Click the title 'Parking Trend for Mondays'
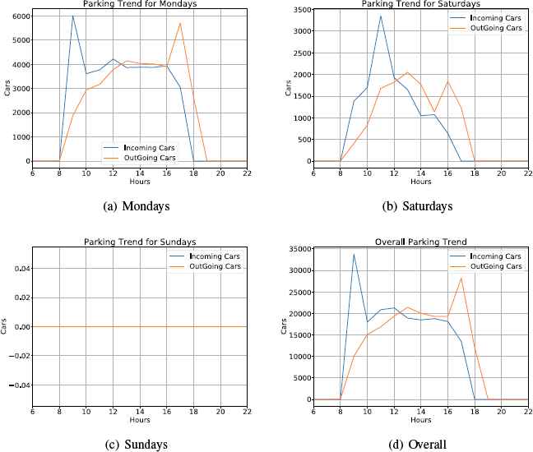pyautogui.click(x=140, y=4)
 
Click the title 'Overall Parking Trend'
pyautogui.click(x=420, y=242)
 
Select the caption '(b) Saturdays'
pyautogui.click(x=420, y=206)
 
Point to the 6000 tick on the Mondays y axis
pyautogui.click(x=19, y=16)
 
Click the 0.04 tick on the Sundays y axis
pyautogui.click(x=21, y=269)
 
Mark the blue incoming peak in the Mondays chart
pyautogui.click(x=72, y=16)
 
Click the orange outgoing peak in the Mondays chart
pyautogui.click(x=179, y=23)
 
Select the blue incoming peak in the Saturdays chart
pyautogui.click(x=380, y=16)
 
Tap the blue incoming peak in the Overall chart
pyautogui.click(x=354, y=254)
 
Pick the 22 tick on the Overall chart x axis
pyautogui.click(x=528, y=411)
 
